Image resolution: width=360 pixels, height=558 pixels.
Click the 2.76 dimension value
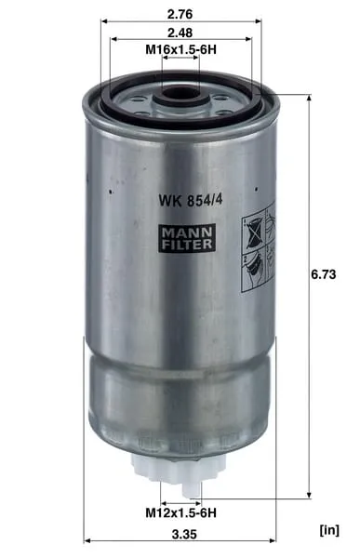pos(180,14)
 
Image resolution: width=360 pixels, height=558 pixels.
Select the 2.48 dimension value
pos(180,33)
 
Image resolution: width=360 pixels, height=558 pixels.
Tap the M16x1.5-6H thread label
pos(180,49)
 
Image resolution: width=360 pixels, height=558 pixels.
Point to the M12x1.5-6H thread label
pos(180,512)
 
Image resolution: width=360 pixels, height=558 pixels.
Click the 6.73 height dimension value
pos(324,274)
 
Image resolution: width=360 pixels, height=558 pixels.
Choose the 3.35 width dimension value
pos(184,534)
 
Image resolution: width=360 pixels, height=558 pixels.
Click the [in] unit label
pos(329,530)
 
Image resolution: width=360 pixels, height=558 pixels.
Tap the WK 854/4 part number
pos(191,200)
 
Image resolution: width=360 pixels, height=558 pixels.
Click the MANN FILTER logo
pos(187,238)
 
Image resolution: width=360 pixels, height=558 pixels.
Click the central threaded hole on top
pos(180,94)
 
